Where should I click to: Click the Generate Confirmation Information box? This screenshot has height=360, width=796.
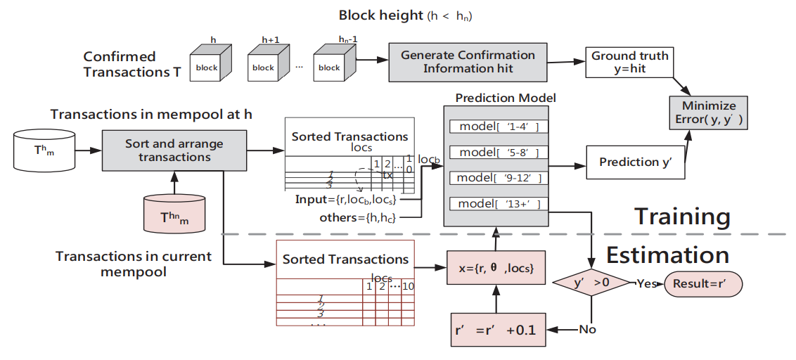(468, 61)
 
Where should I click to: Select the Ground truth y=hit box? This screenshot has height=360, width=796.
(628, 62)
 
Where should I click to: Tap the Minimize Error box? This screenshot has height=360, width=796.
(708, 113)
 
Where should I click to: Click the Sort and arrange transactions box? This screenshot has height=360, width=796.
(174, 150)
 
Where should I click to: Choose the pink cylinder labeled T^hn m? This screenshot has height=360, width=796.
(174, 214)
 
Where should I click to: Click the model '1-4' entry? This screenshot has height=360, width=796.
(499, 127)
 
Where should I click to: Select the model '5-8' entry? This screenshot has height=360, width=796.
(499, 153)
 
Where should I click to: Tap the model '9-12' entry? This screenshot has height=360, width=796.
(499, 178)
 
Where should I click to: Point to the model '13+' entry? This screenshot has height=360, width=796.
(499, 204)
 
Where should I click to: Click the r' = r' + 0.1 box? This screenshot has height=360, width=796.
(497, 328)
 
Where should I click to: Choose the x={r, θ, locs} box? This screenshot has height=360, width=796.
(497, 268)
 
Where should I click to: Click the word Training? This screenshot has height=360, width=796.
(683, 215)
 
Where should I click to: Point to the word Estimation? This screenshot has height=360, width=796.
(667, 254)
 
